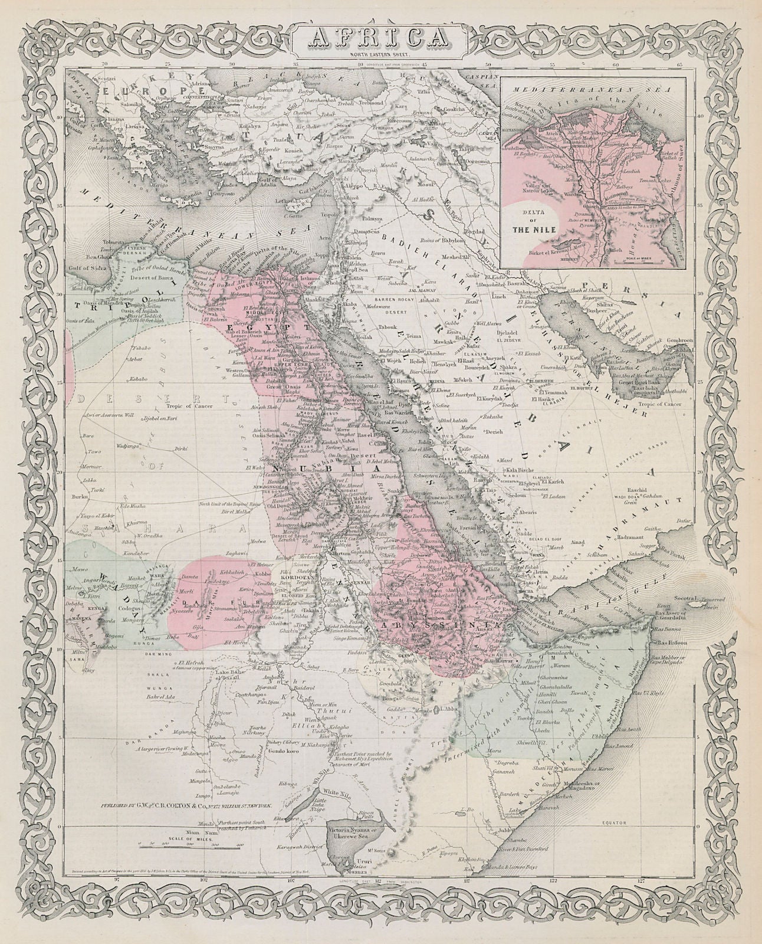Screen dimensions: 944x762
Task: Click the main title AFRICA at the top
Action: [381, 38]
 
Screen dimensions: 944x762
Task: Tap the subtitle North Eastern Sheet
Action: [381, 55]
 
